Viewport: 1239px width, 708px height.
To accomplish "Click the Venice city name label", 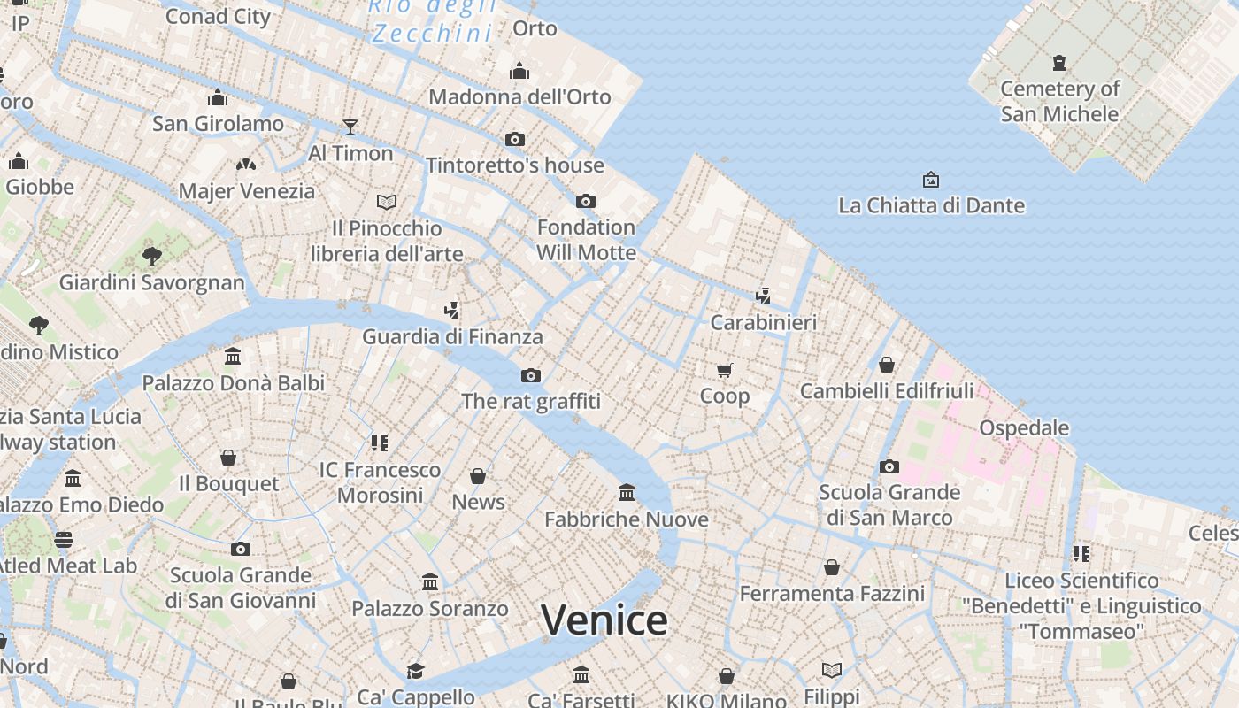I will click(604, 619).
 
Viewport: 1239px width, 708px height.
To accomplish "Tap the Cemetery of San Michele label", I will click(1059, 101).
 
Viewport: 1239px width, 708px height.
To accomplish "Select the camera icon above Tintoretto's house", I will click(515, 139).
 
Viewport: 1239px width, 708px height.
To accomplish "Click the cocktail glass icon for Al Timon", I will click(350, 127).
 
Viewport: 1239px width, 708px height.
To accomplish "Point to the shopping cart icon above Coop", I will click(725, 370).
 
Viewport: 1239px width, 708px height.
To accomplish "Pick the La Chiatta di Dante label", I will click(931, 205).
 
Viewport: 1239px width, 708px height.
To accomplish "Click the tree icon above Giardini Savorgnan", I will click(152, 257).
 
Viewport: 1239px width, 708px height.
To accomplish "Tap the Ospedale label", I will click(1024, 428).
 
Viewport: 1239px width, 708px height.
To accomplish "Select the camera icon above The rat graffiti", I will click(531, 375).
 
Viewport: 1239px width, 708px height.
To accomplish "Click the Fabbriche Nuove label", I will click(627, 519).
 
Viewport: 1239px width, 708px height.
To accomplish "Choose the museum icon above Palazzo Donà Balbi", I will click(234, 357).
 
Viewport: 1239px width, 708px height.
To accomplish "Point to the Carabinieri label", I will click(764, 322).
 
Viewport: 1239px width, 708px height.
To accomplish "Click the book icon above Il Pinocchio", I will click(387, 202).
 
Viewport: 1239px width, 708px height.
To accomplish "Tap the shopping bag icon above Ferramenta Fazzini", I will click(832, 567).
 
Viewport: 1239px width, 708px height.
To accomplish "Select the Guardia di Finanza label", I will click(452, 336).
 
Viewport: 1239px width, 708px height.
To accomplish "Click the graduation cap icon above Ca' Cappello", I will click(416, 671).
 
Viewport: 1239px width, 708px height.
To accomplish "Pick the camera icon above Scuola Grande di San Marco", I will click(889, 466).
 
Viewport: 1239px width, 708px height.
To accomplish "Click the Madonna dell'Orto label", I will click(519, 96).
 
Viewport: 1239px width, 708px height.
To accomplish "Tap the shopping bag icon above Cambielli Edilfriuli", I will click(887, 365).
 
